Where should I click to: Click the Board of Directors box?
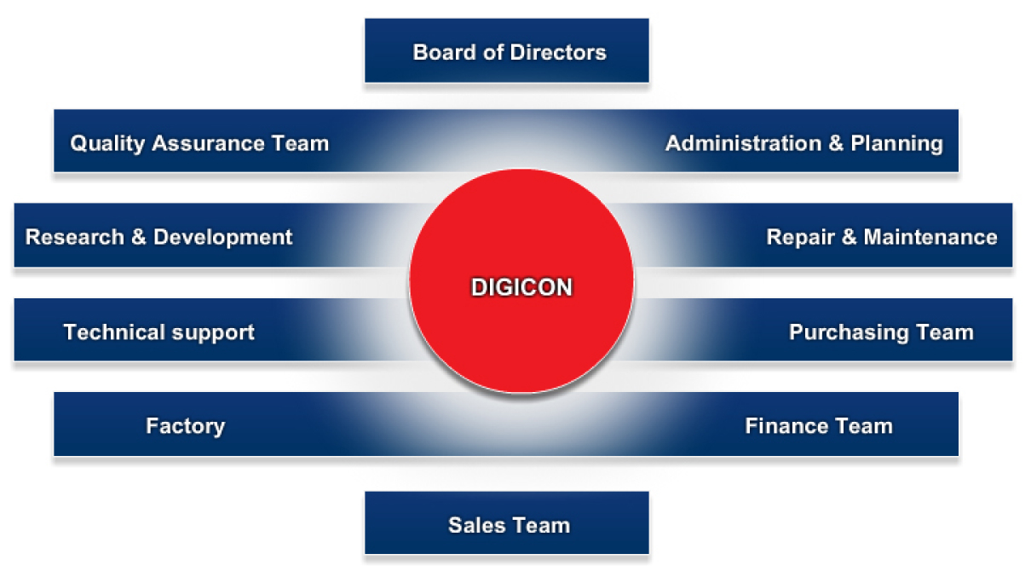coord(507,50)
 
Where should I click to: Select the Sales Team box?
coord(507,522)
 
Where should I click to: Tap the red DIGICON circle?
coord(521,281)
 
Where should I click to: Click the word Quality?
coord(107,144)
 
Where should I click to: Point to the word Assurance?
coord(208,143)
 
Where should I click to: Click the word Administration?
coord(743,143)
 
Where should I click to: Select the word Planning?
coord(896,144)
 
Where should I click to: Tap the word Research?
coord(75,237)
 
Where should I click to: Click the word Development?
coord(222,238)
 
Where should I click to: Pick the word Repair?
coord(800,238)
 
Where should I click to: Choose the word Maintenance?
coord(930,237)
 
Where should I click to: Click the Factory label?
coord(186,426)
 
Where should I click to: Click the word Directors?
coord(558,53)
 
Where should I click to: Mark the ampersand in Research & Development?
coord(139,237)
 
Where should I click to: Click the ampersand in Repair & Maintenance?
coord(850,237)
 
